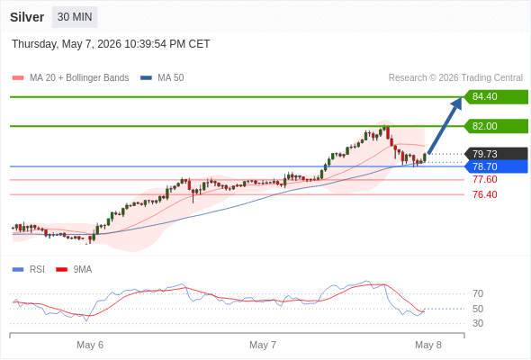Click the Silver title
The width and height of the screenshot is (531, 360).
click(x=27, y=17)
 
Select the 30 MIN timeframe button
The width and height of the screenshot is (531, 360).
click(x=75, y=17)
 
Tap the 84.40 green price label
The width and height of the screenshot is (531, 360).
click(x=496, y=97)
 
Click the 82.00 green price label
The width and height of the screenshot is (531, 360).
click(x=496, y=126)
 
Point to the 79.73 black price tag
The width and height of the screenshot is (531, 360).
click(x=496, y=154)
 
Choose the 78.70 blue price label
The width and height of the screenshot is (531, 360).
click(x=496, y=166)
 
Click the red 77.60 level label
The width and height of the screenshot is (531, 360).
click(x=485, y=179)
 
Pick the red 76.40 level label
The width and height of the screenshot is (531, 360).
click(x=485, y=194)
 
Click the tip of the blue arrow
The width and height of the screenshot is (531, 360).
click(x=462, y=97)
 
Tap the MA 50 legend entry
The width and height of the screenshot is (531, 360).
click(x=162, y=78)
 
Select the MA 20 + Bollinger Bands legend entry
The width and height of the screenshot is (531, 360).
click(x=70, y=78)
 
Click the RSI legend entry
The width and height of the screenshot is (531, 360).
click(x=29, y=270)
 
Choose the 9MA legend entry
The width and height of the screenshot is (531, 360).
click(x=74, y=270)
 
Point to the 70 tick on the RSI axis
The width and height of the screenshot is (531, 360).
click(x=478, y=293)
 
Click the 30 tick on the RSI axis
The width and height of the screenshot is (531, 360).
click(x=478, y=323)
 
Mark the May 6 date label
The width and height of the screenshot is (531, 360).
click(x=90, y=345)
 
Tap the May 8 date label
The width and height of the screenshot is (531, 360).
click(x=428, y=345)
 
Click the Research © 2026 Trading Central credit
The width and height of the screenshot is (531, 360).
click(x=455, y=78)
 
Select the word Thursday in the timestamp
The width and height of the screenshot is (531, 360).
click(x=35, y=44)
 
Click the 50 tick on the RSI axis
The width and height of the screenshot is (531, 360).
click(x=478, y=309)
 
